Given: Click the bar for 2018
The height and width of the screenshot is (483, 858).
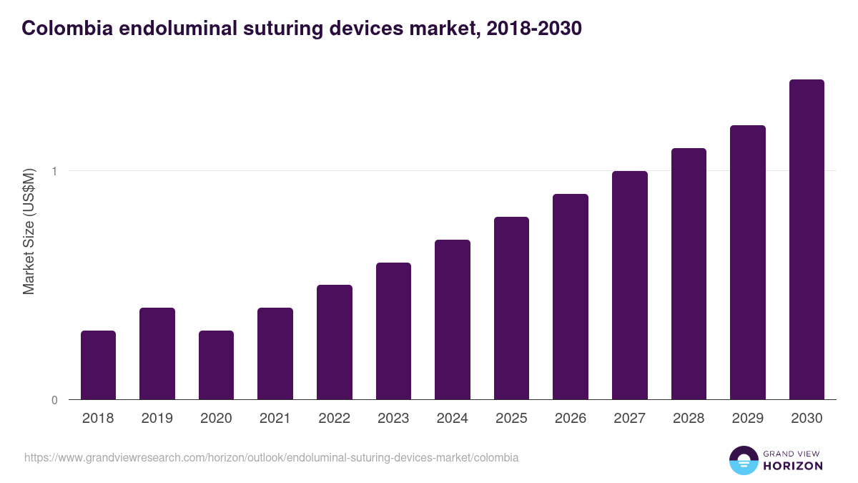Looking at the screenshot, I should point(98,365).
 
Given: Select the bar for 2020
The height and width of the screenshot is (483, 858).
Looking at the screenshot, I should point(216,365).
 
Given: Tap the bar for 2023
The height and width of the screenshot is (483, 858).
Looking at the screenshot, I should point(393,331).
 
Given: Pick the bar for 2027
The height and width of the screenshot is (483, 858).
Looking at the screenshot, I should point(630,286).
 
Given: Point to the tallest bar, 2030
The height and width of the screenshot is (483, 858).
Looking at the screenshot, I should point(807,240).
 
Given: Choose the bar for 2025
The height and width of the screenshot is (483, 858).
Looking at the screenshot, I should point(511,308).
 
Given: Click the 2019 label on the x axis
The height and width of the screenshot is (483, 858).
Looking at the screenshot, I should point(157,419).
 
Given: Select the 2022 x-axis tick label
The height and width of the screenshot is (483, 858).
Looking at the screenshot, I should point(334,419).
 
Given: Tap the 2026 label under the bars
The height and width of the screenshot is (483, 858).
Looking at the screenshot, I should point(570,419).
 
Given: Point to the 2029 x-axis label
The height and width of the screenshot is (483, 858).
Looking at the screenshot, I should point(747,419).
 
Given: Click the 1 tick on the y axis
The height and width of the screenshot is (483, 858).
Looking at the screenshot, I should point(54,171).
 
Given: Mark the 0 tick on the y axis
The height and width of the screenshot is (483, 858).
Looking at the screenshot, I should point(54,400).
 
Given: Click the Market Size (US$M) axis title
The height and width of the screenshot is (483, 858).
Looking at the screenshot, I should point(29,231).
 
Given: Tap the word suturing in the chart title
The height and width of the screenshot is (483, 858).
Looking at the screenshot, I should point(263,29).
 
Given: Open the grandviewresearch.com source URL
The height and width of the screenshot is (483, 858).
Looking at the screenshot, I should point(272,457).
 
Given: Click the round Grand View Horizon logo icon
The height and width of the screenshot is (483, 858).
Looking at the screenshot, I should point(743,460).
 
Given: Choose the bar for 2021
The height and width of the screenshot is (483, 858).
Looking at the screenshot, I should point(275,353).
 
